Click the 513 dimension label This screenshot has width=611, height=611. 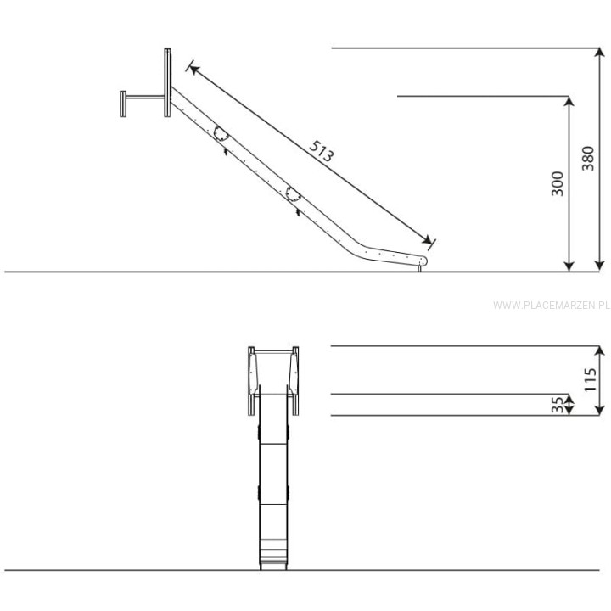(x=322, y=151)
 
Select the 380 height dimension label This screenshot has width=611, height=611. (x=588, y=159)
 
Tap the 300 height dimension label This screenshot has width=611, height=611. (x=558, y=183)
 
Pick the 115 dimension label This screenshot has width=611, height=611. (x=591, y=379)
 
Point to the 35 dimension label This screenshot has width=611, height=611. (x=558, y=405)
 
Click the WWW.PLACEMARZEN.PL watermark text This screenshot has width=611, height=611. (x=552, y=305)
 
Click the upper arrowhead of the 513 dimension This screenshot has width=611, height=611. (x=193, y=70)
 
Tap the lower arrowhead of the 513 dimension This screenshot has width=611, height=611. (x=427, y=239)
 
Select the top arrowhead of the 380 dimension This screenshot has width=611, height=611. (x=599, y=53)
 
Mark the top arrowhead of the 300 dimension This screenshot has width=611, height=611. (x=569, y=101)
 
